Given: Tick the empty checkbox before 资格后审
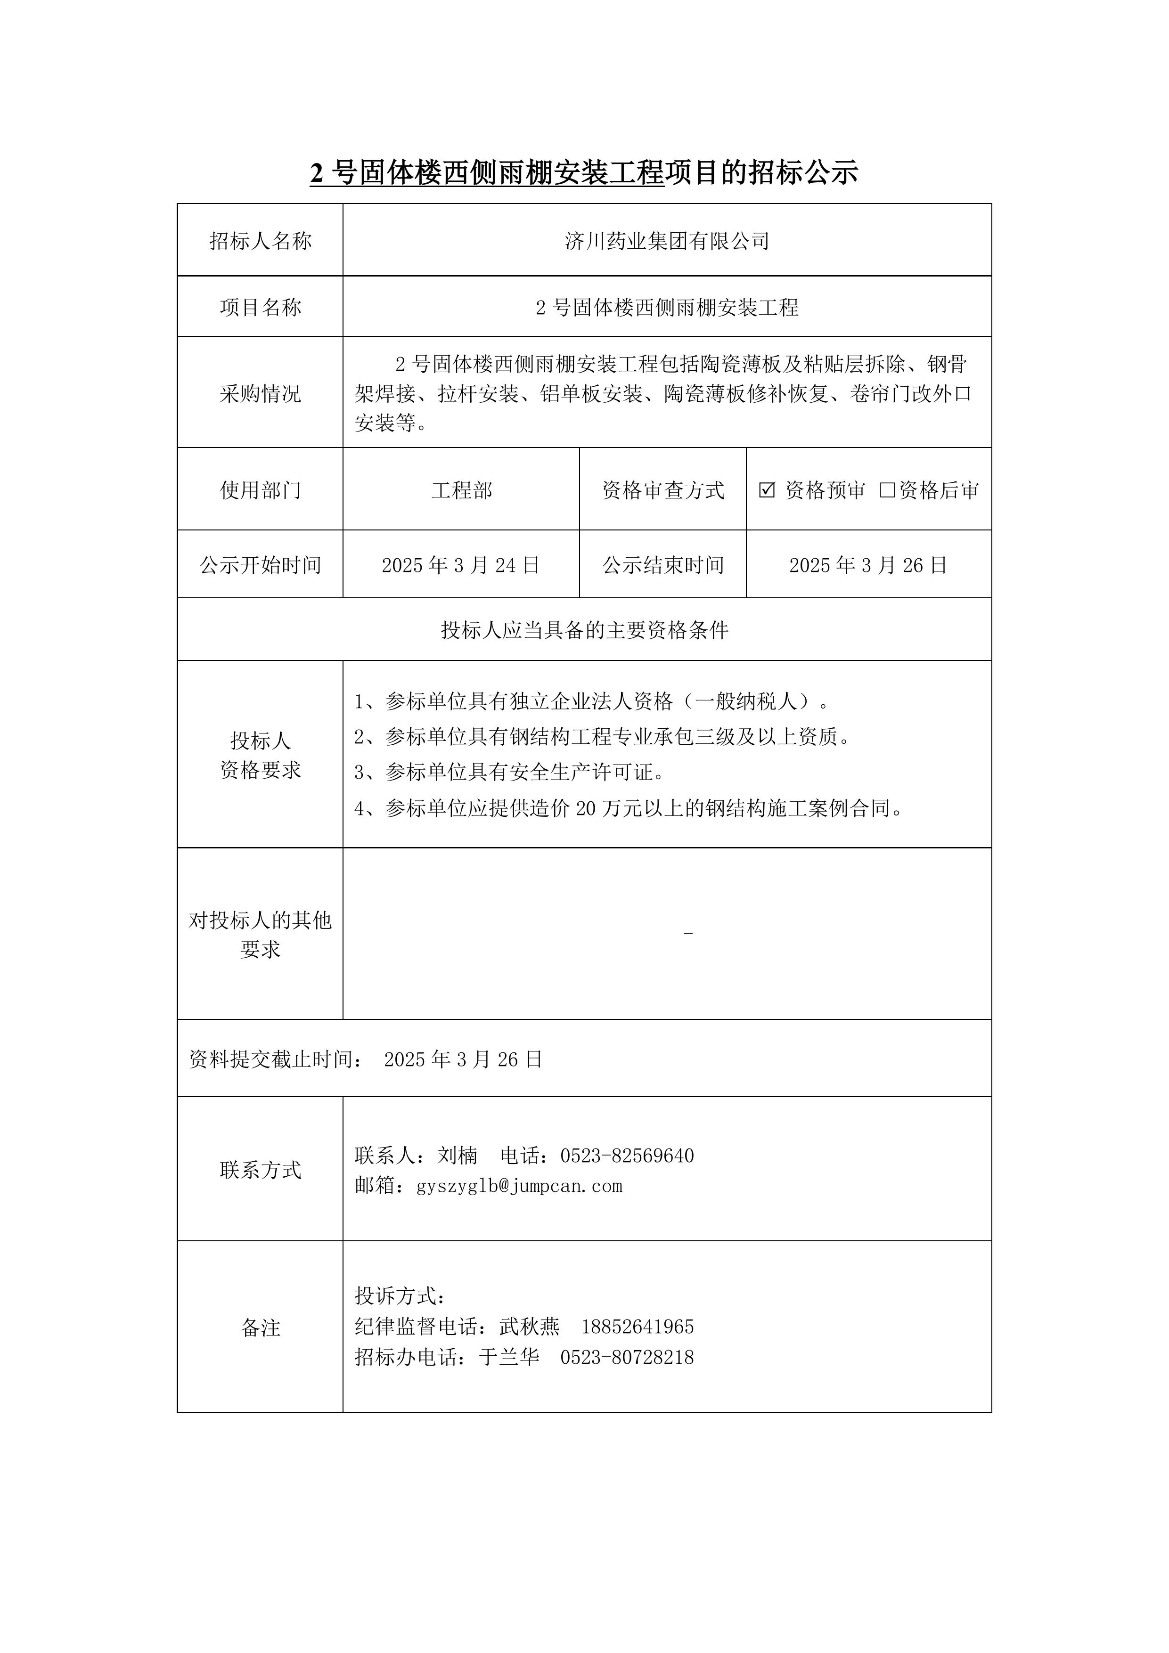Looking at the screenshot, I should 887,490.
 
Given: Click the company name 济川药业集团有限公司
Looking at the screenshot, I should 667,241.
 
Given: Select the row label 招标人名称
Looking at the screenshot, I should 260,241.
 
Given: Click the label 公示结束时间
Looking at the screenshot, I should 662,565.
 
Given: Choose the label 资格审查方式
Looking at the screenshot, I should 662,490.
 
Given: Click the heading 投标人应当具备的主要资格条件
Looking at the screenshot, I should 584,631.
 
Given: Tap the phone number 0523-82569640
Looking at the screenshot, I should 627,1156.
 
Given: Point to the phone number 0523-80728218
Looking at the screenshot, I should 627,1357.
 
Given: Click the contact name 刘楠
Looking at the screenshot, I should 458,1156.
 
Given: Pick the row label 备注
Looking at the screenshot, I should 260,1327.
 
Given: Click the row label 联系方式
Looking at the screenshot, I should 260,1170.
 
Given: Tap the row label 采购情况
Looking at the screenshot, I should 260,394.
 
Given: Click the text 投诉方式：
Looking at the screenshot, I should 401,1296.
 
